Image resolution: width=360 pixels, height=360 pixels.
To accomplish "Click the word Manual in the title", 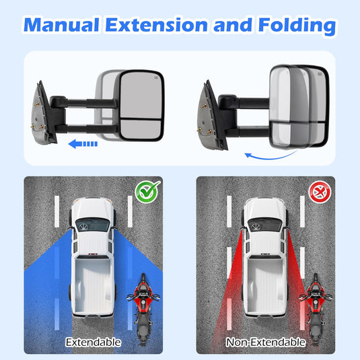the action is point(61,25).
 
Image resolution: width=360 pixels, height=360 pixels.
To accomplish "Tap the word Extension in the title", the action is point(157,25).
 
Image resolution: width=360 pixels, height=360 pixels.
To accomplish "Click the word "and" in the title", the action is point(233,25).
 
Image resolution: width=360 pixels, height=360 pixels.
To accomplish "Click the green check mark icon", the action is point(147,191).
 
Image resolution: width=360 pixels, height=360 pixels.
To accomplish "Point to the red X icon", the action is point(320,192).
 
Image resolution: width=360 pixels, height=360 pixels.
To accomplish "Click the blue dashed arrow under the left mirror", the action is point(83,144).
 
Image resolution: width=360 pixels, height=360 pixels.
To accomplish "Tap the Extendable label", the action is point(94,343).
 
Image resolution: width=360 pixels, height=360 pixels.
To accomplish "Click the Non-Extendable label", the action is point(266,343).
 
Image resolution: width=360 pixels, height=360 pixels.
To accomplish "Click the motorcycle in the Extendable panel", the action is point(143,309).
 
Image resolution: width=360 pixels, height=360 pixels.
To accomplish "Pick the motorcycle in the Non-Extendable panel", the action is point(316,309).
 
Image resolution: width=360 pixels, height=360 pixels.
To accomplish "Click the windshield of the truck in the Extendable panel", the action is point(93,224).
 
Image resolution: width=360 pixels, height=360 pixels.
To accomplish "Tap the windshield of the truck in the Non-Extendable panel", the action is point(265,224).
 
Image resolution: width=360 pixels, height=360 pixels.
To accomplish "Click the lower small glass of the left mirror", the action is point(141,129).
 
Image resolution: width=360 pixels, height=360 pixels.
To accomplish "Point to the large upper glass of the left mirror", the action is point(141,96).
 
